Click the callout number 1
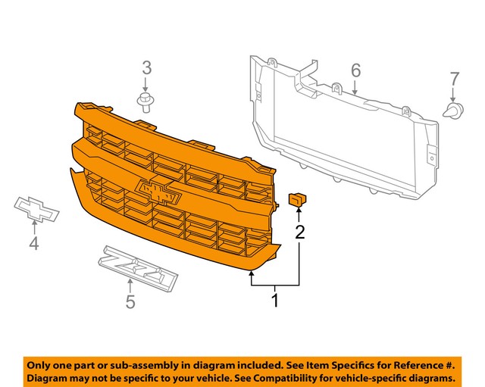275,301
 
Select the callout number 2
300,232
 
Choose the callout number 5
130,303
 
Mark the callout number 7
454,79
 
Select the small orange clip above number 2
296,199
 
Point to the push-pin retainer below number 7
453,111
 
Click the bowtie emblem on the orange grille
160,192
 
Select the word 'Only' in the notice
42,364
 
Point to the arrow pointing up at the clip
299,213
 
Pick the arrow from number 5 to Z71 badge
130,286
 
